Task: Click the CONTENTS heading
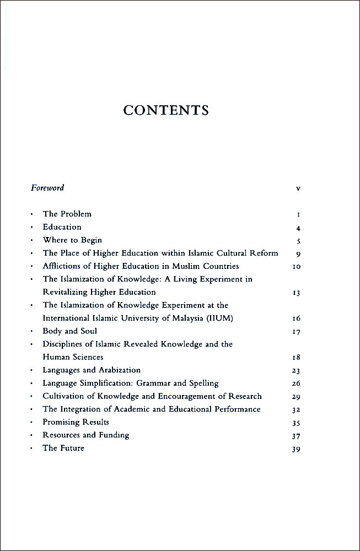(166, 110)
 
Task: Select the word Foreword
(47, 188)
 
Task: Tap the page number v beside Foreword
(298, 188)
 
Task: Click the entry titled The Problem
(67, 214)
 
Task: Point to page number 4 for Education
(298, 228)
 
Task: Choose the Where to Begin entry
(72, 240)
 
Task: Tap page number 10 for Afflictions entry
(297, 267)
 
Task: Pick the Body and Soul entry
(69, 331)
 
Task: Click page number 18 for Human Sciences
(297, 358)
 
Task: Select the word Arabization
(119, 370)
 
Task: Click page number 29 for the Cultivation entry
(297, 397)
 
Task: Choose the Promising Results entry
(76, 422)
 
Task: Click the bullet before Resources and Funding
(32, 435)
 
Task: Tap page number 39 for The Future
(297, 449)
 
